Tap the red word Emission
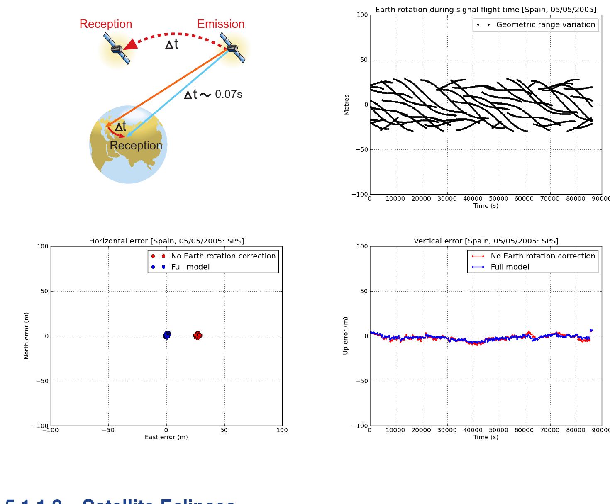(221, 24)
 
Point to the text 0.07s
(228, 95)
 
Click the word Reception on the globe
(136, 146)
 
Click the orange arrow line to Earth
(166, 87)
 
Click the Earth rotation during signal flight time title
(486, 10)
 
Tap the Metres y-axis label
(346, 105)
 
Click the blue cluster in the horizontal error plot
(166, 335)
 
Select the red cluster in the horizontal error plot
(198, 335)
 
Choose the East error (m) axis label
(166, 437)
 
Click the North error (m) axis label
(27, 336)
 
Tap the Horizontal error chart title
(166, 241)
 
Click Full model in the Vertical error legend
(510, 267)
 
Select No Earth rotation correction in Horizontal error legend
(223, 256)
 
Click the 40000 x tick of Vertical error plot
(473, 430)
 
